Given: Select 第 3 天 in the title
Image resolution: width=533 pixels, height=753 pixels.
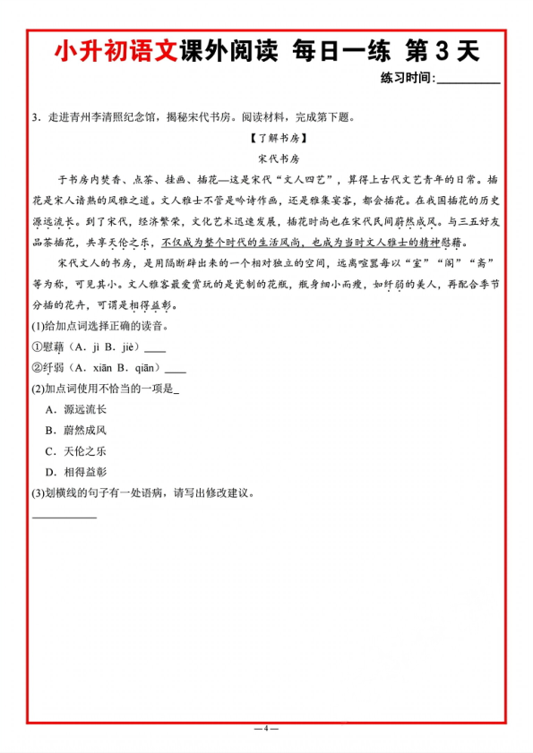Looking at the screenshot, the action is point(443,52).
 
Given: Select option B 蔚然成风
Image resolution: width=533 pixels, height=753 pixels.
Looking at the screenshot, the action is point(79,430).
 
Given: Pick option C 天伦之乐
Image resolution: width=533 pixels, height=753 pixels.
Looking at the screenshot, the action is point(79,450).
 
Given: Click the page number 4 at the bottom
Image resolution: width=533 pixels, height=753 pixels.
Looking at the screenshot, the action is point(266,727).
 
